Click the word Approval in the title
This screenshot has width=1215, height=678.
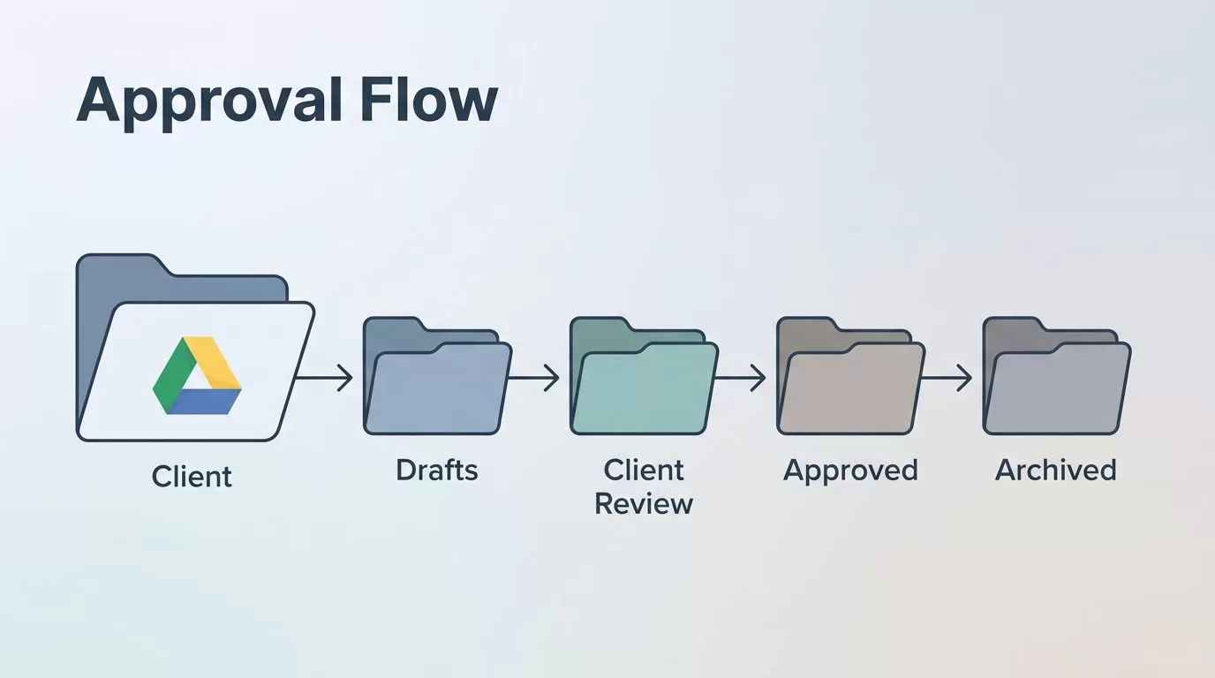point(210,103)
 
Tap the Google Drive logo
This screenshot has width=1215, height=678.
point(197,375)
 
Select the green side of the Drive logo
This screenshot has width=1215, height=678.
point(171,375)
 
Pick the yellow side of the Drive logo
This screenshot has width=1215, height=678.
point(217,361)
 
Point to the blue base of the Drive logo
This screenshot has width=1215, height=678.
point(203,402)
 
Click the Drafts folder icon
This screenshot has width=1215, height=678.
point(437,376)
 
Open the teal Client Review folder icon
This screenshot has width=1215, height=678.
point(644,376)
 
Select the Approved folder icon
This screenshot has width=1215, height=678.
point(850,376)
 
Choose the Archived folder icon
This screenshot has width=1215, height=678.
point(1057,376)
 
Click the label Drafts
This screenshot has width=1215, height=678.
point(436,471)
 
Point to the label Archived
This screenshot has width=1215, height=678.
point(1055,471)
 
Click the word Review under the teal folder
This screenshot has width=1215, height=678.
point(644,504)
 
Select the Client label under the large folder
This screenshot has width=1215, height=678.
point(192,477)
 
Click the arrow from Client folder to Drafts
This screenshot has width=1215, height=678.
point(324,378)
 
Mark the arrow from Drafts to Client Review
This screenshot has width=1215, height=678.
point(533,378)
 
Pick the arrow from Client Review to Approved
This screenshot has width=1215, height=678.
point(740,378)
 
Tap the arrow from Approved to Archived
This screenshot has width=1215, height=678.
point(947,378)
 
